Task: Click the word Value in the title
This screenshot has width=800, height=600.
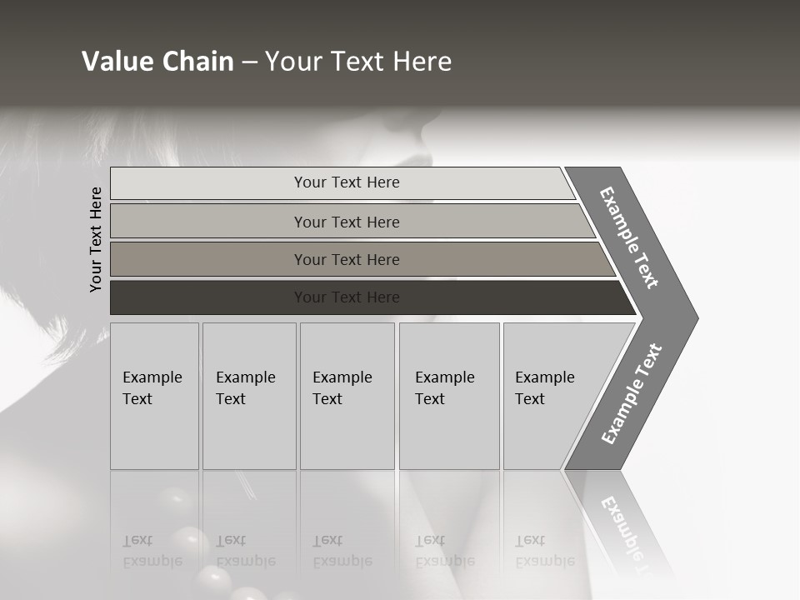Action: click(x=110, y=62)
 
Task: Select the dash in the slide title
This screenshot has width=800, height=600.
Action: click(x=249, y=62)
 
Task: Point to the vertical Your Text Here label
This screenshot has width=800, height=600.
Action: click(x=96, y=239)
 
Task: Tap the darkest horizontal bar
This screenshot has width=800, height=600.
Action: click(x=208, y=297)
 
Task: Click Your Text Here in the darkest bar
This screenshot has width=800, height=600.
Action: click(x=347, y=297)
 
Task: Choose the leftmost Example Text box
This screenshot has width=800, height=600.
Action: click(x=154, y=396)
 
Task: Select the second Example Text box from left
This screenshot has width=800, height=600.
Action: click(x=248, y=396)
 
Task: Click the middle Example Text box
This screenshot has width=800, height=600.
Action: click(x=347, y=396)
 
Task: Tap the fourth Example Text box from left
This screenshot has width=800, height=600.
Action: click(x=448, y=396)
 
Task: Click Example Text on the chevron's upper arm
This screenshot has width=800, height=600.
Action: click(x=629, y=237)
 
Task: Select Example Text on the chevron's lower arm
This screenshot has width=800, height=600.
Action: click(x=631, y=394)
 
